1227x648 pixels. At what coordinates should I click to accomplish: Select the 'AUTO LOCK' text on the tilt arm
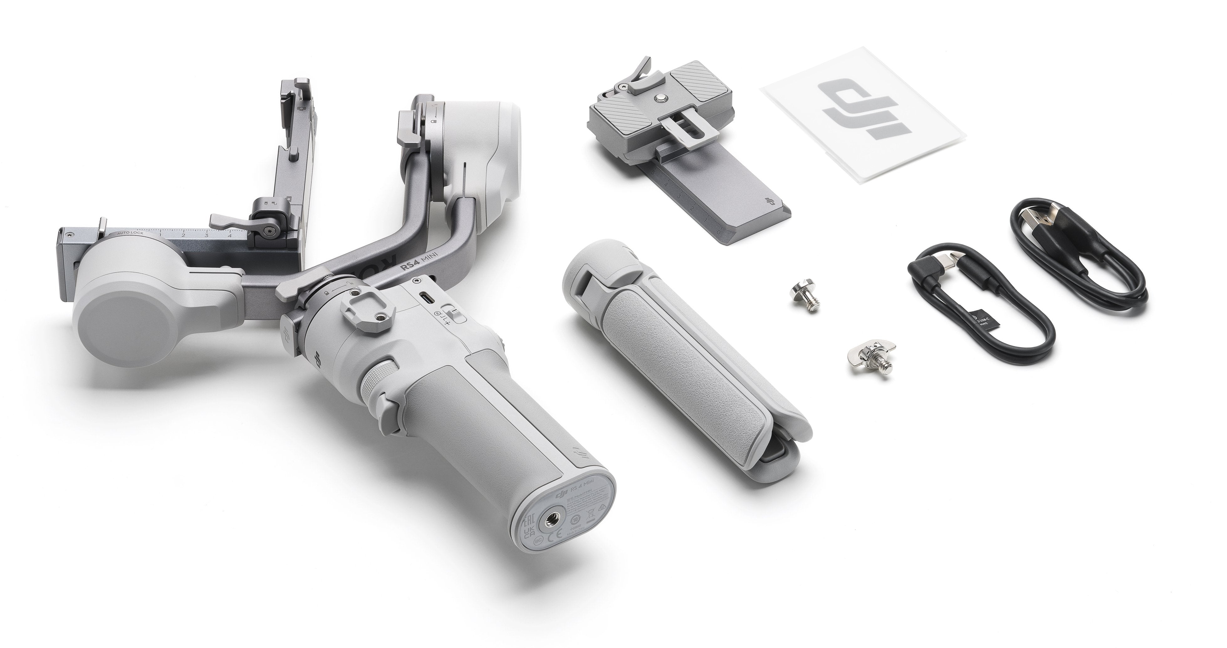pyautogui.click(x=131, y=234)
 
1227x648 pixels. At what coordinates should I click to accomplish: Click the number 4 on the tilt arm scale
pyautogui.click(x=230, y=234)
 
